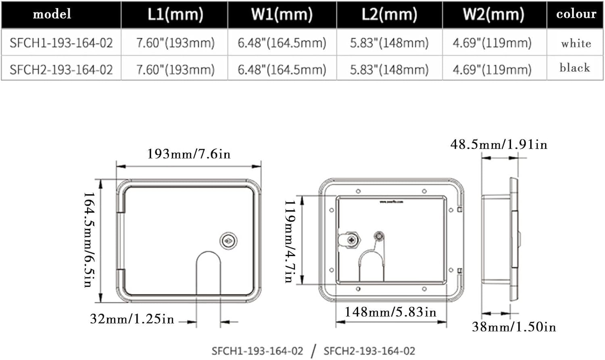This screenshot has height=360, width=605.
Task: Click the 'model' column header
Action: tap(52, 14)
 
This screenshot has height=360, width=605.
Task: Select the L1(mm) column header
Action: tap(175, 14)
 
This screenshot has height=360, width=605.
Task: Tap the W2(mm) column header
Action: tap(494, 14)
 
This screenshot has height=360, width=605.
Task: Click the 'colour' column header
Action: tap(576, 14)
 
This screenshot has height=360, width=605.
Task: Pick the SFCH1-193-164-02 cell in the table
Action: tap(61, 43)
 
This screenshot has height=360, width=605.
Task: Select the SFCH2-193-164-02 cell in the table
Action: tap(61, 69)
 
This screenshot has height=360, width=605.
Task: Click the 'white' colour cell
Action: tap(576, 43)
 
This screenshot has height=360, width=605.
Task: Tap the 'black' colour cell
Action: tap(574, 68)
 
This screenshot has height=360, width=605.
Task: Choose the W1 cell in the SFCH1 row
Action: tap(282, 43)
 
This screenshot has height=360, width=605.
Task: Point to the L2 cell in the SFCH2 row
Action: tap(389, 69)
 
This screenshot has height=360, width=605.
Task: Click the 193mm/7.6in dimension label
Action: tap(189, 154)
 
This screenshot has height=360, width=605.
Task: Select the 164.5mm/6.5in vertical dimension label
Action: tap(89, 239)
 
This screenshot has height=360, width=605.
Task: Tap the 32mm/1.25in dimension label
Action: tap(132, 319)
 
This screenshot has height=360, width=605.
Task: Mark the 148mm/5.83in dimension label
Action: tap(390, 312)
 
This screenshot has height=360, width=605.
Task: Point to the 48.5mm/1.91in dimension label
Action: tap(499, 144)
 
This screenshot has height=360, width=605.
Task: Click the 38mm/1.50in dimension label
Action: tap(514, 327)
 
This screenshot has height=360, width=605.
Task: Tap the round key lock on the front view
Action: tap(228, 241)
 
